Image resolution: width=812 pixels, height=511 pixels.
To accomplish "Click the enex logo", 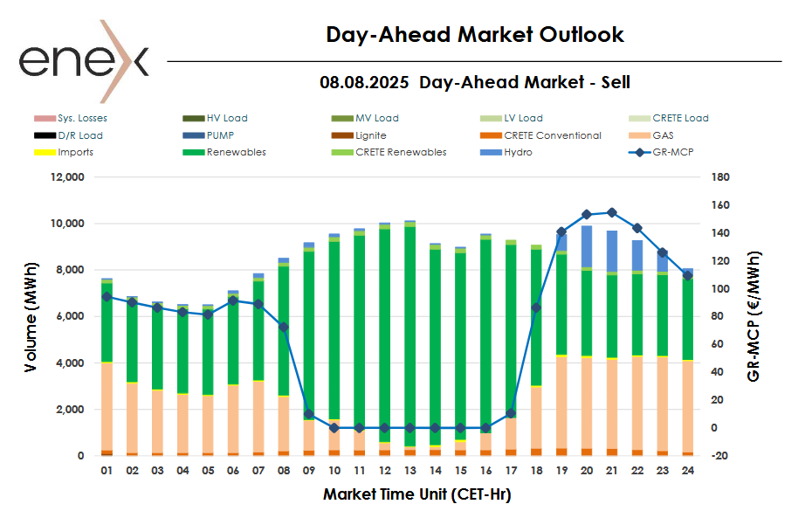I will pyautogui.click(x=83, y=60).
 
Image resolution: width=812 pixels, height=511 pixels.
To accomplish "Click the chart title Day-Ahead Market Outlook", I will pyautogui.click(x=475, y=35).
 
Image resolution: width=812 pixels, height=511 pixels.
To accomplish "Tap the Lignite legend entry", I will pyautogui.click(x=370, y=135).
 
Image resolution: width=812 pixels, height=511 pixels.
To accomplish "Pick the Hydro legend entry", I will pyautogui.click(x=519, y=152).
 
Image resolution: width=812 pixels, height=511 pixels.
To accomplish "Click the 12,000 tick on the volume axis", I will pyautogui.click(x=66, y=177).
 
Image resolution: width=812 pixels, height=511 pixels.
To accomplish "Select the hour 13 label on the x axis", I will pyautogui.click(x=409, y=471).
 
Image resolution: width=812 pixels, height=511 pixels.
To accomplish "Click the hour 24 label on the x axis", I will pyautogui.click(x=688, y=471).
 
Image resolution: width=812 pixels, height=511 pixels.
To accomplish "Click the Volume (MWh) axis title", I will pyautogui.click(x=31, y=316).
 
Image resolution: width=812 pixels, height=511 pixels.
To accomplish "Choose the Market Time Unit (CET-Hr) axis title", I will pyautogui.click(x=416, y=494).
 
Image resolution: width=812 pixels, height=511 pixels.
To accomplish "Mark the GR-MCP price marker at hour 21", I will pyautogui.click(x=612, y=212).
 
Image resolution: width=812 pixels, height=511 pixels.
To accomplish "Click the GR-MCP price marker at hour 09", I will pyautogui.click(x=308, y=414).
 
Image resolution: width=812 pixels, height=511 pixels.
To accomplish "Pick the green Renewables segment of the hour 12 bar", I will pyautogui.click(x=384, y=332).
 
